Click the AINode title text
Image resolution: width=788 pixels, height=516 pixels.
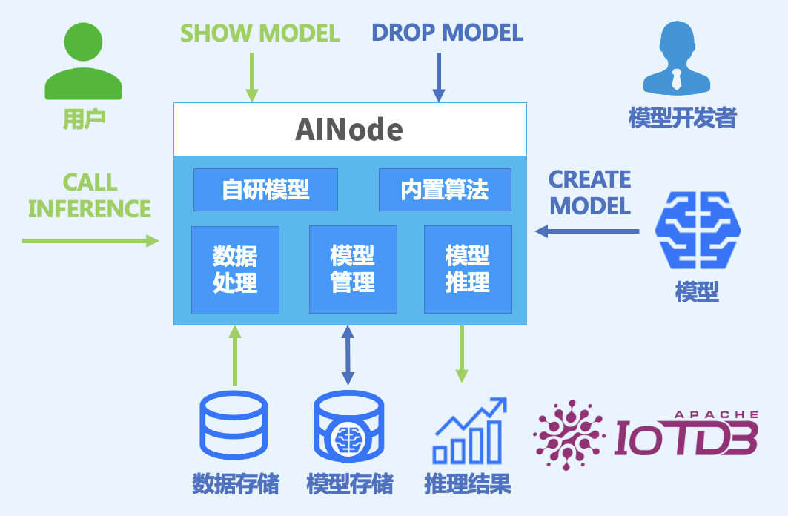(349, 130)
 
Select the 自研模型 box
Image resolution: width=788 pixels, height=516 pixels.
(265, 190)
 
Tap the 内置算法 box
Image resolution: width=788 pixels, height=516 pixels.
(445, 190)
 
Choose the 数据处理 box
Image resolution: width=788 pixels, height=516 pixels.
(235, 270)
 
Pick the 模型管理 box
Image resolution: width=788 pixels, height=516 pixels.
(353, 270)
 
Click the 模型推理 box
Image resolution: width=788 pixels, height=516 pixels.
(468, 270)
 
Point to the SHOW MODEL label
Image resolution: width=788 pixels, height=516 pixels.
(260, 33)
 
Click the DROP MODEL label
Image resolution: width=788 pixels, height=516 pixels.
(447, 33)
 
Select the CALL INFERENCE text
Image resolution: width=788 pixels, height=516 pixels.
(90, 195)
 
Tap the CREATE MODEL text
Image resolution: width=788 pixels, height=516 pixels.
(590, 192)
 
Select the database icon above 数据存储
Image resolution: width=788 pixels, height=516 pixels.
(234, 426)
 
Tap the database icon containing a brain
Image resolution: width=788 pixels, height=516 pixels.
(348, 426)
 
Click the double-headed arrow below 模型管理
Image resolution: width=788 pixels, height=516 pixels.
(347, 356)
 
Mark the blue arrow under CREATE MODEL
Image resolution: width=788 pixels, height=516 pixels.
(587, 232)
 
